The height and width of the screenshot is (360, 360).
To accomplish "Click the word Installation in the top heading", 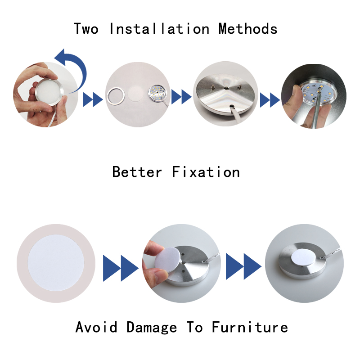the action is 159,29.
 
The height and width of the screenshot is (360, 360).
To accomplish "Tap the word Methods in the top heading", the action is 248,29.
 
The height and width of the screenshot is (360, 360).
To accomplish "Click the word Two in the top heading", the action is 86,29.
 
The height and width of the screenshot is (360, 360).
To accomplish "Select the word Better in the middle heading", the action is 137,172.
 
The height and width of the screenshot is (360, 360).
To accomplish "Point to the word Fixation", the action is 206,172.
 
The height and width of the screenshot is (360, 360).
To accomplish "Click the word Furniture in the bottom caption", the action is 250,327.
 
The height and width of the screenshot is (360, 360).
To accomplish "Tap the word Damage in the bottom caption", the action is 152,328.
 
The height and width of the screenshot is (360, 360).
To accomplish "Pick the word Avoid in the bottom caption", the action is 96,327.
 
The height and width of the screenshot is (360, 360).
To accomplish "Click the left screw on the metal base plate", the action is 213,87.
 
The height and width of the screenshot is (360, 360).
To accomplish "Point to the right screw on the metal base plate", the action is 240,86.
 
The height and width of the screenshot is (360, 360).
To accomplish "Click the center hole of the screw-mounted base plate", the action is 226,88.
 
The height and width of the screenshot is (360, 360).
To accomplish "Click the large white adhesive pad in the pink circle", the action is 56,263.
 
